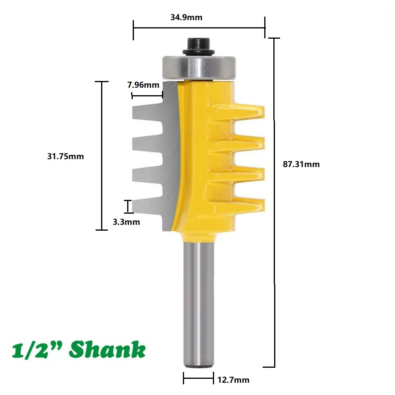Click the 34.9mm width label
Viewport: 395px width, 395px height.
click(186, 17)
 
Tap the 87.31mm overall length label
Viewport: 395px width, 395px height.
click(301, 164)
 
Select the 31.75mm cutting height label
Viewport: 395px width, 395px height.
click(66, 156)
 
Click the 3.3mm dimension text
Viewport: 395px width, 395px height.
click(126, 222)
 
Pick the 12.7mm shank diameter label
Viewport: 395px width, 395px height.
click(233, 380)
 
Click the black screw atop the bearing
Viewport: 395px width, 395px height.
click(197, 45)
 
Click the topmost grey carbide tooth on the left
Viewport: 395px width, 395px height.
click(146, 110)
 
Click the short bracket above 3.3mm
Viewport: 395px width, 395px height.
click(128, 206)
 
